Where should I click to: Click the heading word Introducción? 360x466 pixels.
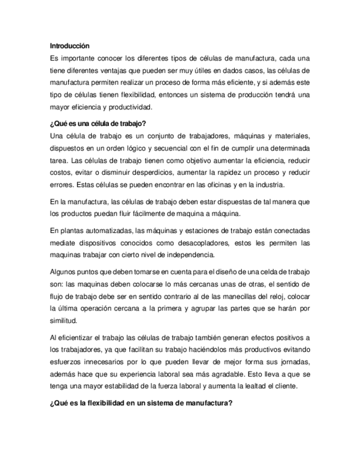coord(69,45)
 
